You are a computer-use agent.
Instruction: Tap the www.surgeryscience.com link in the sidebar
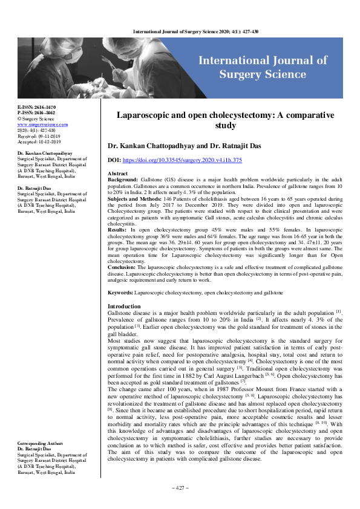click(43, 125)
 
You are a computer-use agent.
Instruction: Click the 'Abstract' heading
click(117, 173)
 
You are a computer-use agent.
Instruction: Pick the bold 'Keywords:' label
click(120, 293)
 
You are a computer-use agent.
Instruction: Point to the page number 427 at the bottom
click(180, 488)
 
